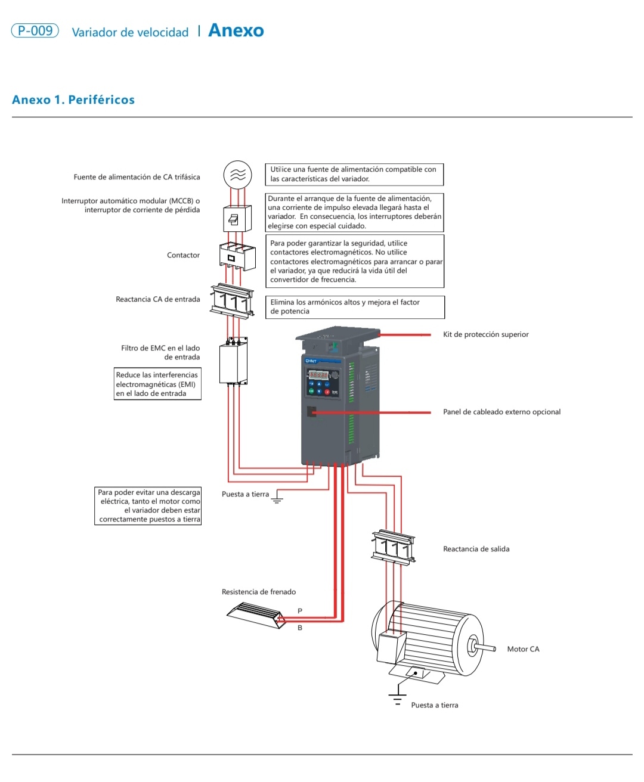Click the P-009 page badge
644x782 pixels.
[x=35, y=31]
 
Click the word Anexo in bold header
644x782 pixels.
[x=236, y=31]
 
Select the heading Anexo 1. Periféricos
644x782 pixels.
[x=73, y=100]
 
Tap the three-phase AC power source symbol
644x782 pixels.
[x=237, y=175]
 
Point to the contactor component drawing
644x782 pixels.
[x=237, y=257]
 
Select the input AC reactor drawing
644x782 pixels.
[x=232, y=299]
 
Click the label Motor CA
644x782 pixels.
[x=523, y=649]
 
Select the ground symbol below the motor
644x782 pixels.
[x=398, y=698]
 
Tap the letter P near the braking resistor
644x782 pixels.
[x=300, y=611]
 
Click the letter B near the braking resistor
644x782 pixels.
[x=300, y=628]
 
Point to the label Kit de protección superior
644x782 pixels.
[x=485, y=334]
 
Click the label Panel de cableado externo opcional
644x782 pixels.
[x=501, y=412]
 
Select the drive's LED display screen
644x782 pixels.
[x=318, y=375]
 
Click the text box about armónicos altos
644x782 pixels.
[x=355, y=307]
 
